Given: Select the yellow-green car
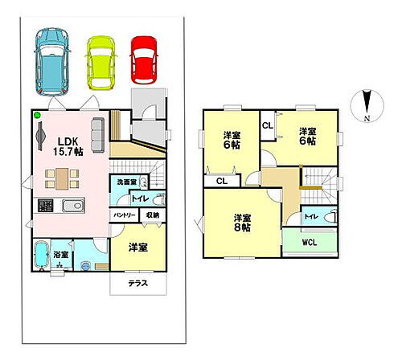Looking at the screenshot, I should pos(101,61).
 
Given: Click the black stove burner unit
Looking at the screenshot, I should pos(45,206).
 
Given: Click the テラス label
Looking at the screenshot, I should pos(137,284).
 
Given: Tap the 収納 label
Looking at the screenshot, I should pos(152,215).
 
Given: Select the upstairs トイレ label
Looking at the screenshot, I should pos(310,217).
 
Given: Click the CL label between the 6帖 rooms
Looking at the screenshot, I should pos(266,125).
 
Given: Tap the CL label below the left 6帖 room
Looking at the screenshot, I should pos(220,182).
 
